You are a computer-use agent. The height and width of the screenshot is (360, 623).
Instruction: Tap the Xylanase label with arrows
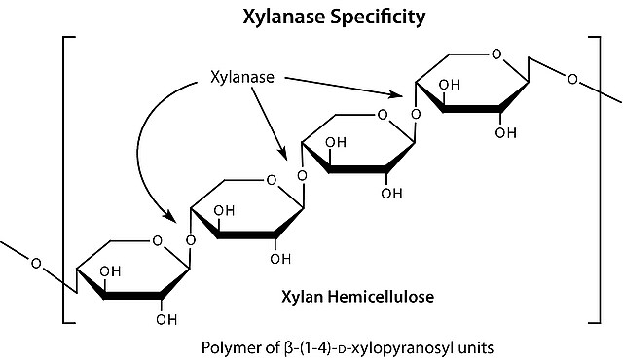[x=242, y=77]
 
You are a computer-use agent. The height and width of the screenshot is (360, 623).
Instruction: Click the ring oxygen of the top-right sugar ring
[x=496, y=54]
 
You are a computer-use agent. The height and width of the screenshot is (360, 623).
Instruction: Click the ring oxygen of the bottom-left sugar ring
[x=158, y=240]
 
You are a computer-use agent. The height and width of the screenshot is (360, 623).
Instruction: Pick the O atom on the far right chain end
[x=572, y=80]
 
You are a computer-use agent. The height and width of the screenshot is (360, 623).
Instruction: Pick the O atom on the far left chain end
[x=36, y=263]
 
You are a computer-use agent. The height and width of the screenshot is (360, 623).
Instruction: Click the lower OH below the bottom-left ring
[x=166, y=319]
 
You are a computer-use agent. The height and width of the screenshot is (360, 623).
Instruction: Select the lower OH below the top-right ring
[x=506, y=133]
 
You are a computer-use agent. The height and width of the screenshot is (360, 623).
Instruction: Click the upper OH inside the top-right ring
[x=450, y=85]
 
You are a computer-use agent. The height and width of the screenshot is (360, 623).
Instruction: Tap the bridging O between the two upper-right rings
[x=416, y=115]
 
